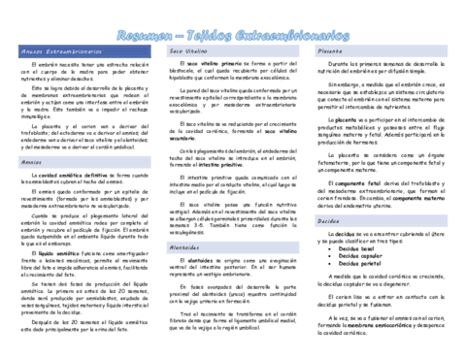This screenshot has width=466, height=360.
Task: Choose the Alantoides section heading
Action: click(185, 247)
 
